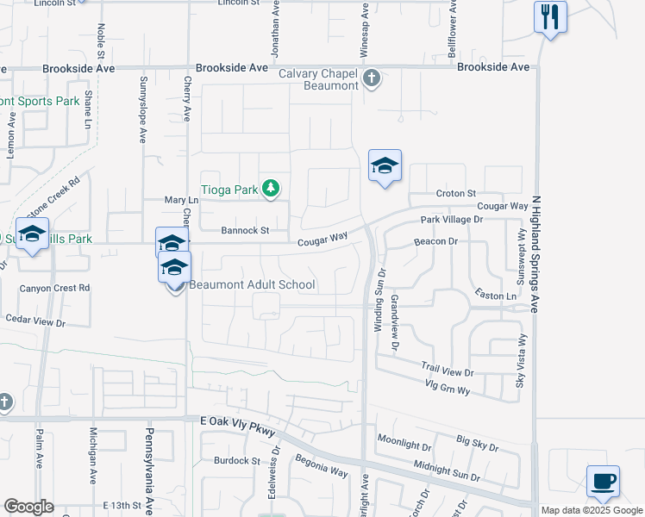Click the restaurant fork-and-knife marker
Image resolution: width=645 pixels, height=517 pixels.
click(550, 17)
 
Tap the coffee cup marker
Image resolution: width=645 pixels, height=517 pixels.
click(603, 481)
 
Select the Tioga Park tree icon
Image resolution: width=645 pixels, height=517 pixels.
click(271, 188)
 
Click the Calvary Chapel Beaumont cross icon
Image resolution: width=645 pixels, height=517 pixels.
click(371, 79)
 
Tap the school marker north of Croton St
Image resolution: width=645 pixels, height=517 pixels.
click(385, 165)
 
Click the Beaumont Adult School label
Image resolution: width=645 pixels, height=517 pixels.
click(252, 285)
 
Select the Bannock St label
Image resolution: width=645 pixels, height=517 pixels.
click(245, 231)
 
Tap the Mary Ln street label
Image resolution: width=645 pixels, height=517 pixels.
click(181, 200)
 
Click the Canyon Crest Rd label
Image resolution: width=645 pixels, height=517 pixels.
click(54, 288)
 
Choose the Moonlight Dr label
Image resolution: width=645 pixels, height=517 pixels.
click(404, 445)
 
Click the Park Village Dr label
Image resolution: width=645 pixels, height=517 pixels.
click(453, 221)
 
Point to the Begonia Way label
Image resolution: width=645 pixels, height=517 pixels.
click(322, 468)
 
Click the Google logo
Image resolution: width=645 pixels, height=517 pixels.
click(28, 507)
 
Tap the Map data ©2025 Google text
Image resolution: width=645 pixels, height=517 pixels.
click(591, 510)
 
